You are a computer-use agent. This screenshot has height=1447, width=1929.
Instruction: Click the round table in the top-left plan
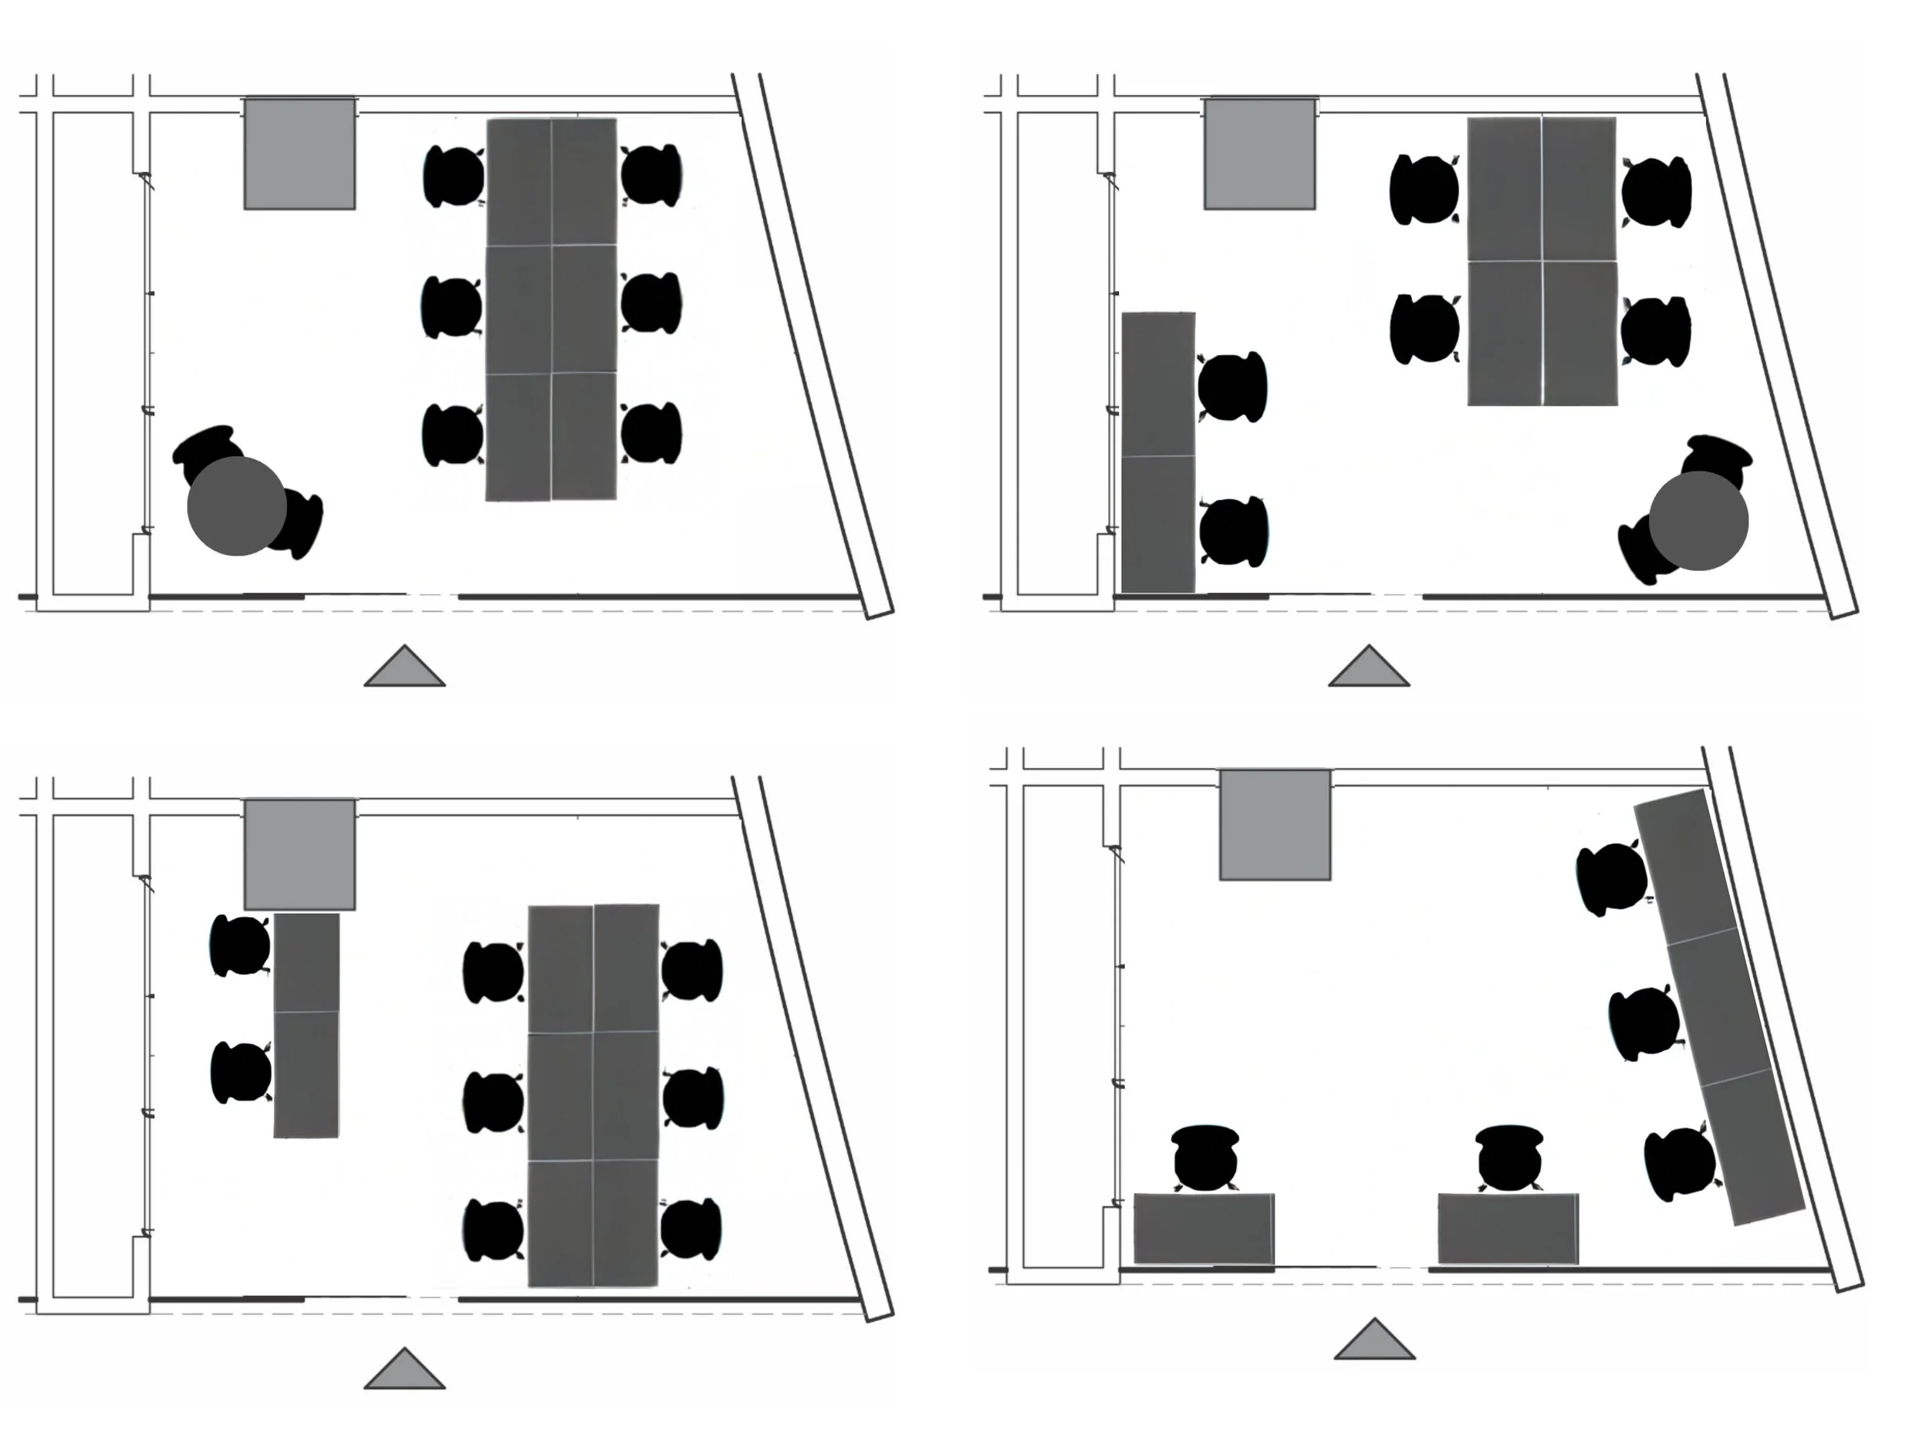point(236,506)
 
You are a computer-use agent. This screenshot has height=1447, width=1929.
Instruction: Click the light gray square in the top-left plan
point(299,154)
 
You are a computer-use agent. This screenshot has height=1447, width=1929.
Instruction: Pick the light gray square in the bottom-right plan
point(1274,824)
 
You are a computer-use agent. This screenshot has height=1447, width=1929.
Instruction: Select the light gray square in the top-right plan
point(1259,154)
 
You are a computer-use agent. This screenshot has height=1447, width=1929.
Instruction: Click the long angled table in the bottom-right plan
point(1718,1007)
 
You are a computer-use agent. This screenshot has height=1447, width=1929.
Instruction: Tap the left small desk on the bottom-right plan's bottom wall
point(1204,1228)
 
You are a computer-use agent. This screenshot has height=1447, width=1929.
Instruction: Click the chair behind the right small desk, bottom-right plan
point(1509,1158)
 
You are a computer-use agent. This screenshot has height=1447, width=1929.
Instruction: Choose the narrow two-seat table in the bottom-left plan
point(306,1025)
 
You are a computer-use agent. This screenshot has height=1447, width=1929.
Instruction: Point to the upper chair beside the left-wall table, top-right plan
point(1232,387)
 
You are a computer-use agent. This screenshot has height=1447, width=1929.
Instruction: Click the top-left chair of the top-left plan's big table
point(454,176)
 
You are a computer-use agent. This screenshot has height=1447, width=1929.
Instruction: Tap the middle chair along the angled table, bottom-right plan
point(1644,1023)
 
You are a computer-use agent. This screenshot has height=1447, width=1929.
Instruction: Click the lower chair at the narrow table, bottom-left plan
point(241,1072)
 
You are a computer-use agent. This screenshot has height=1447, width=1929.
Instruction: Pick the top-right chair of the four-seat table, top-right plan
point(1656,191)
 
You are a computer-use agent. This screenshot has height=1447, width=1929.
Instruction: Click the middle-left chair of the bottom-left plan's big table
point(494,1101)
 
